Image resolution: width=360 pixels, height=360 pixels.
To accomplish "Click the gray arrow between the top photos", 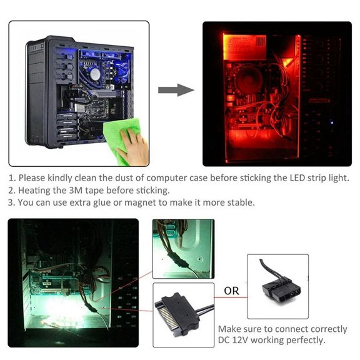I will pyautogui.click(x=176, y=91).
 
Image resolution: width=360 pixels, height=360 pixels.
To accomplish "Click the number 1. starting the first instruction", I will pyautogui.click(x=12, y=177).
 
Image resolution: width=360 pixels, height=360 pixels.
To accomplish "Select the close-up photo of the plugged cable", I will pyautogui.click(x=183, y=247).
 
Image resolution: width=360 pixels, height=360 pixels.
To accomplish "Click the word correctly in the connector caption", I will pyautogui.click(x=322, y=329).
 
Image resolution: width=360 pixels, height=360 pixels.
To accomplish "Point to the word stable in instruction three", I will pyautogui.click(x=241, y=202).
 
